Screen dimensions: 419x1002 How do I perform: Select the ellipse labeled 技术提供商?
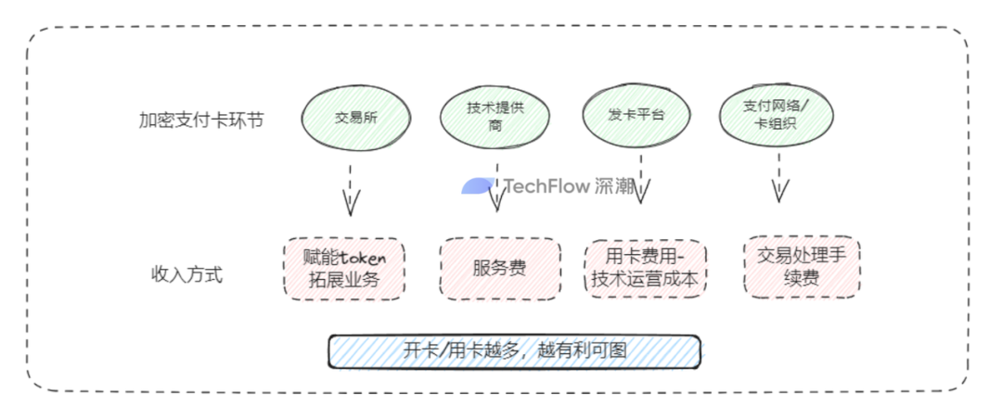tap(495, 116)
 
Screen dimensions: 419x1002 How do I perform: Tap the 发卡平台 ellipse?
tap(636, 115)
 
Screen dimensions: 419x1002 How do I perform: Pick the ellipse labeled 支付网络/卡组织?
tap(777, 117)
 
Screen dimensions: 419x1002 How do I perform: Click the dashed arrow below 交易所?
tap(350, 189)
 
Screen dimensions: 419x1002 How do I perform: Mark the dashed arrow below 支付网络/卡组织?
tap(779, 178)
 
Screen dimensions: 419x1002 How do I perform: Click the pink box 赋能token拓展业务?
tap(343, 269)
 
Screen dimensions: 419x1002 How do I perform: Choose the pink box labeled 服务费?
tap(500, 269)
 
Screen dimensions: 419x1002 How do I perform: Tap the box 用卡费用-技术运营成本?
tap(645, 268)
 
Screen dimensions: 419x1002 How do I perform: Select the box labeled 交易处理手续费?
tap(802, 266)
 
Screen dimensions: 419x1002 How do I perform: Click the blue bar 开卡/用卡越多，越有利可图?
tap(515, 351)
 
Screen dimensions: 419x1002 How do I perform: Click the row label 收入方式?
tap(186, 274)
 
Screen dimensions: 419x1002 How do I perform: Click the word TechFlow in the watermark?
tap(546, 186)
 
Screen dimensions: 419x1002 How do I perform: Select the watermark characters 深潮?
tap(616, 186)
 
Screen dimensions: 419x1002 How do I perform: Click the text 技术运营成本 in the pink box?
tap(645, 280)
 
